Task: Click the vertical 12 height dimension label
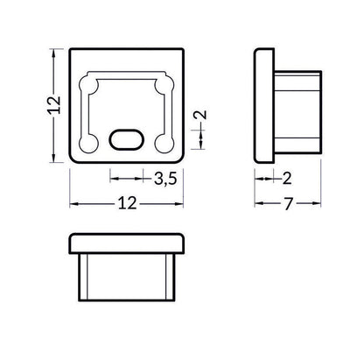point(54,105)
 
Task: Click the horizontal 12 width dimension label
point(127,203)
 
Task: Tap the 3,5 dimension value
point(165,179)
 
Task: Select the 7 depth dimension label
point(288,204)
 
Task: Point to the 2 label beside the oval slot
point(201,115)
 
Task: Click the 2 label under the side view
point(287,179)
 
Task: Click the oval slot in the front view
point(127,139)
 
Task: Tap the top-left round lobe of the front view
point(88,85)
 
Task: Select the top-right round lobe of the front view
point(165,85)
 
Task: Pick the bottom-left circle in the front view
point(88,144)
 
